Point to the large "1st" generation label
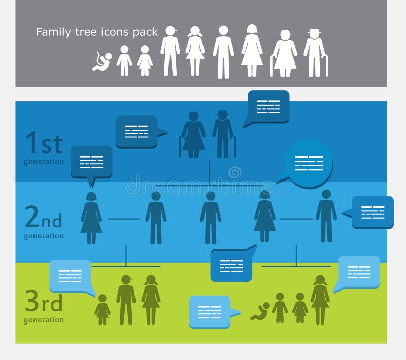[x=44, y=142]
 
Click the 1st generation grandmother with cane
[x=193, y=134]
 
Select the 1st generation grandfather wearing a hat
[x=223, y=133]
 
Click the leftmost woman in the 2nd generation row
[x=91, y=218]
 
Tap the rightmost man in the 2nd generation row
[x=326, y=216]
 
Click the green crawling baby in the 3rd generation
[x=260, y=311]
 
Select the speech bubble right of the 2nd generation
[x=373, y=211]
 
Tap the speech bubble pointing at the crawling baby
[x=210, y=311]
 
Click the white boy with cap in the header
[x=171, y=51]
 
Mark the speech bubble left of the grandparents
[x=137, y=131]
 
